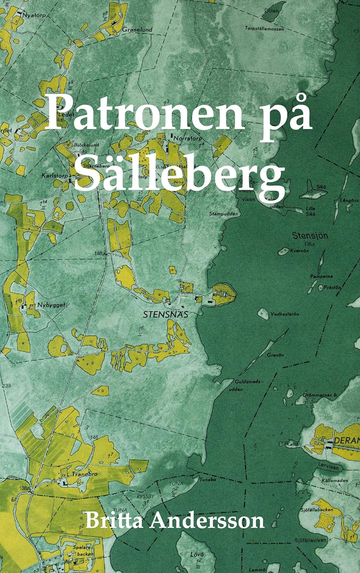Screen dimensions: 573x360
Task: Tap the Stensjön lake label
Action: pos(310,236)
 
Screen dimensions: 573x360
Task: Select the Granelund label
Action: pos(137,29)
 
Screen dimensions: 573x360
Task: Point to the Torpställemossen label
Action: pos(264,28)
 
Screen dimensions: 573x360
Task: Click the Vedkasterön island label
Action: pos(284,314)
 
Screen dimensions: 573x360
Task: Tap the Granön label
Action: pos(275,355)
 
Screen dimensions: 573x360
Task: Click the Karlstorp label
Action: pos(54,176)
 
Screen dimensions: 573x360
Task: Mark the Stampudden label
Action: pos(224,214)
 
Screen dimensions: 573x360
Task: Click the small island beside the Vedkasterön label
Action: pos(263,313)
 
